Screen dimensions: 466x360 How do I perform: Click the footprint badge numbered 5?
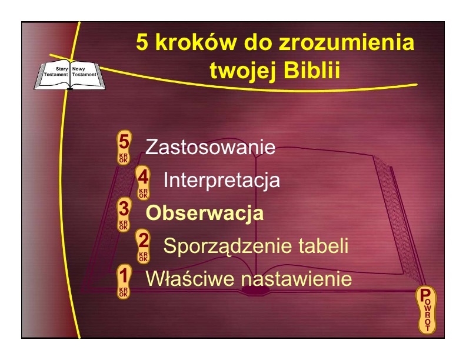tap(124, 147)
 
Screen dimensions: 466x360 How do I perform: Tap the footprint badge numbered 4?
tap(143, 183)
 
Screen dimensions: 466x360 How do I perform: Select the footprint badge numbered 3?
tap(124, 215)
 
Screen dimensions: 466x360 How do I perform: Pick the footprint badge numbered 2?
tap(143, 246)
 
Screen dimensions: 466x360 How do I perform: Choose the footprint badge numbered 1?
tap(124, 281)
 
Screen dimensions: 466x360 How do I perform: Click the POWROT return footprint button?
tap(427, 310)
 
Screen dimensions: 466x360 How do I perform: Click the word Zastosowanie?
tap(210, 146)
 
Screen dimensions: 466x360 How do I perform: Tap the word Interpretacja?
tap(222, 180)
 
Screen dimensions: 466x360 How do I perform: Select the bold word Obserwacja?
tap(205, 213)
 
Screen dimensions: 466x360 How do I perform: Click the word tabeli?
tap(323, 246)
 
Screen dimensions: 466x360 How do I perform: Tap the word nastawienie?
tap(297, 279)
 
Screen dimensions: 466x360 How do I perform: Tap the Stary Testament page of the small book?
tap(55, 74)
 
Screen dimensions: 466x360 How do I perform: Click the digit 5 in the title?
tap(142, 42)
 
